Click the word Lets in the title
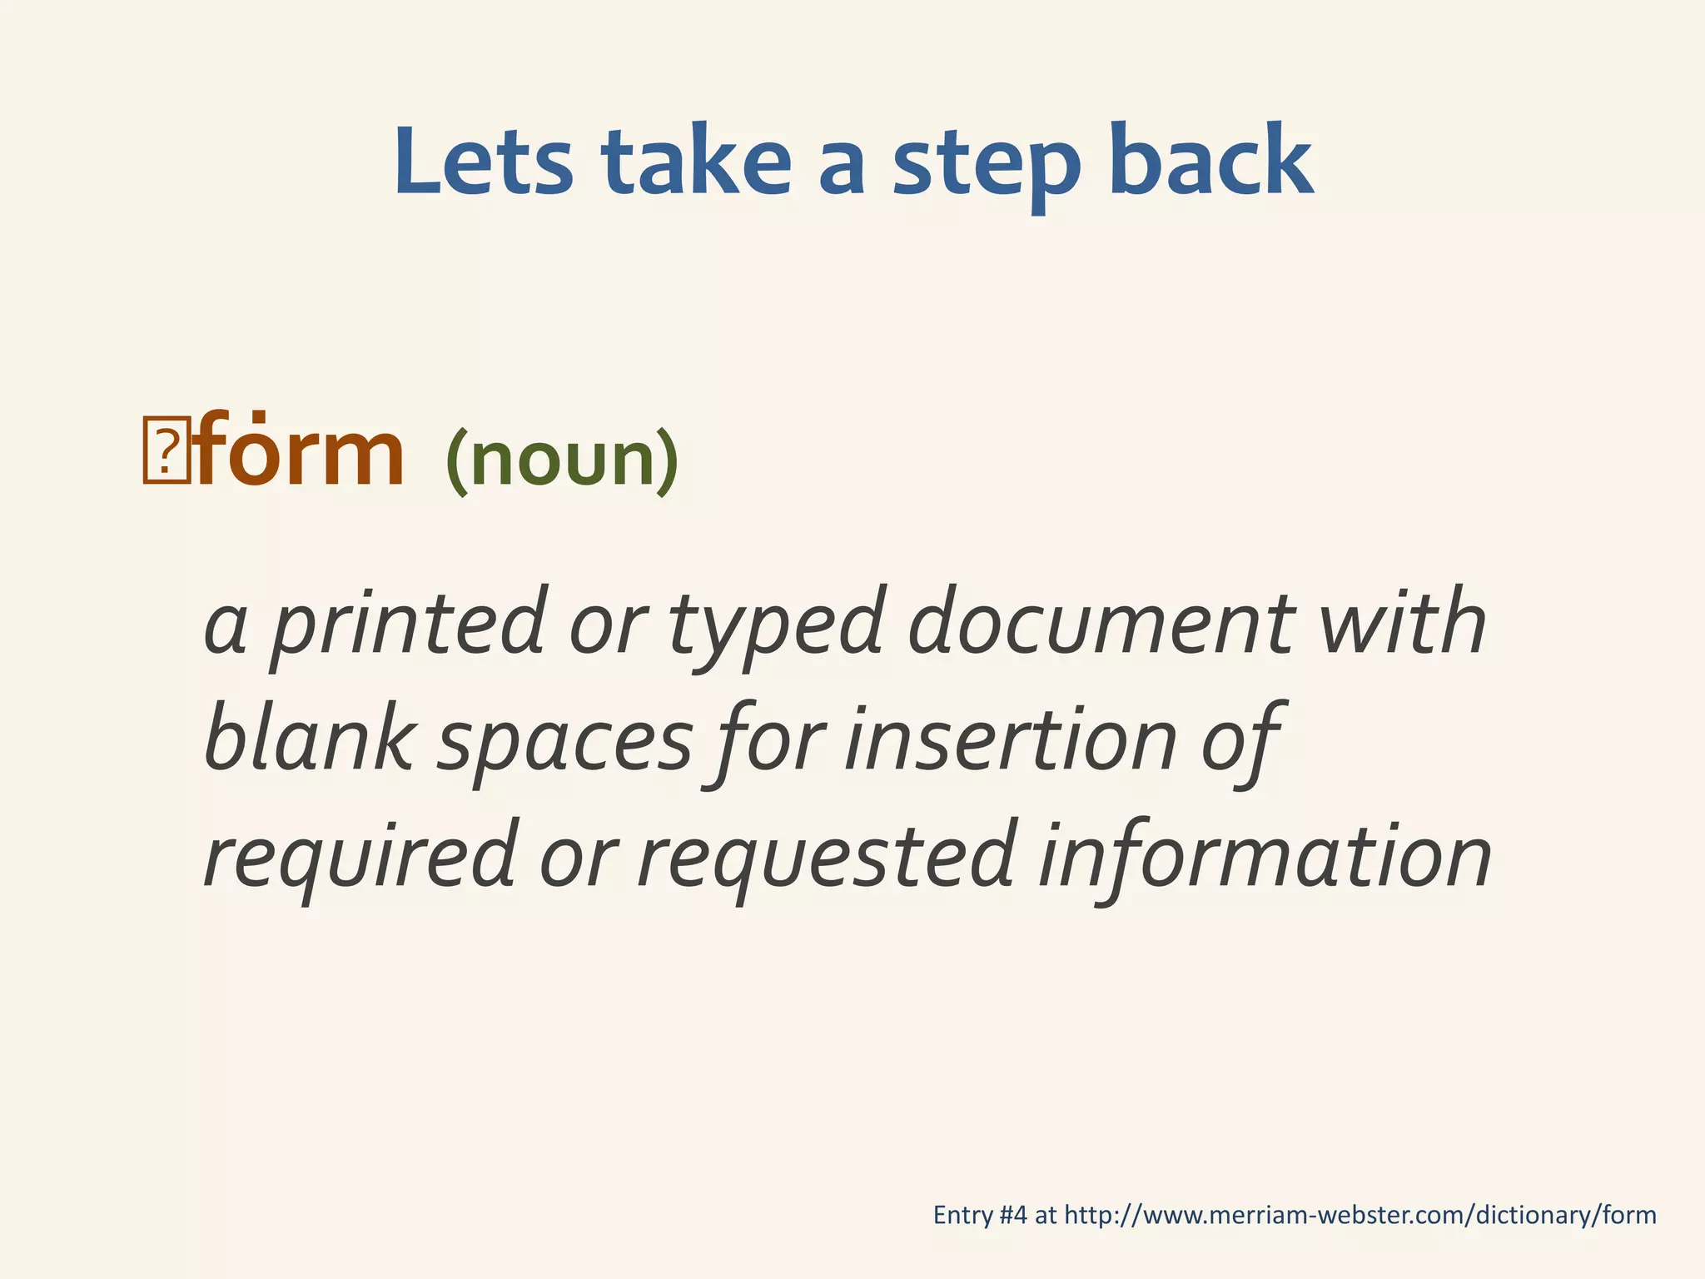click(x=484, y=162)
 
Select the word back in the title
click(x=1211, y=162)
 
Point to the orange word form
click(x=301, y=454)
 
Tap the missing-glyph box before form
click(x=166, y=450)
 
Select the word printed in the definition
click(x=408, y=625)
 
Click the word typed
click(x=774, y=630)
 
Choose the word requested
click(x=825, y=858)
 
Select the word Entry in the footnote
click(x=962, y=1217)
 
